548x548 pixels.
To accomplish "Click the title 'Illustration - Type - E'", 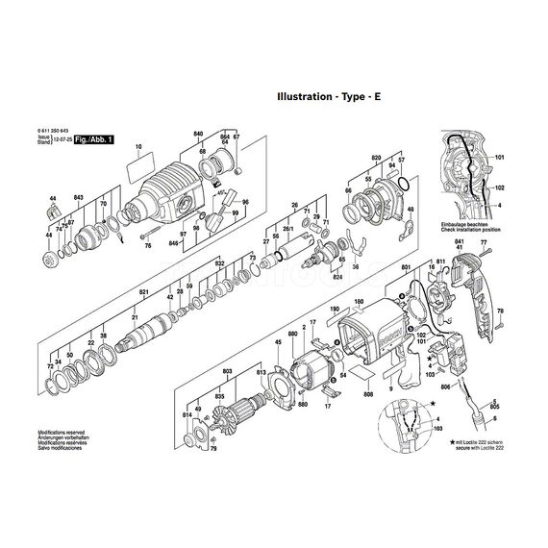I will (329, 96).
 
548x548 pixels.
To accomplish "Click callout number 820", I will (376, 156).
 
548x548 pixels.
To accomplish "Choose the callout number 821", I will (144, 291).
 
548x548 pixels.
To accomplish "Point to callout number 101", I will (499, 157).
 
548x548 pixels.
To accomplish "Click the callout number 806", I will (445, 386).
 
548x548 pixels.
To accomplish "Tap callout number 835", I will (220, 396).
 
